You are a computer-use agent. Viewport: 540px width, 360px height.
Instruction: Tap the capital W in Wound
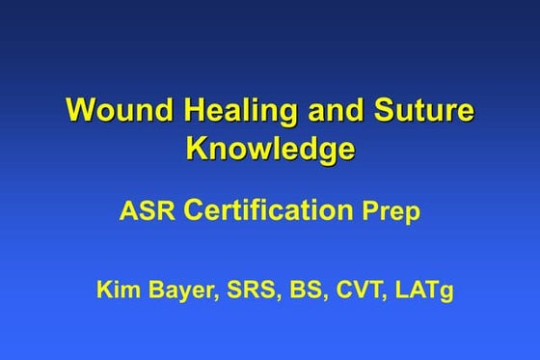point(79,110)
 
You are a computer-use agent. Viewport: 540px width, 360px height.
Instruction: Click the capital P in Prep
point(369,212)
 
